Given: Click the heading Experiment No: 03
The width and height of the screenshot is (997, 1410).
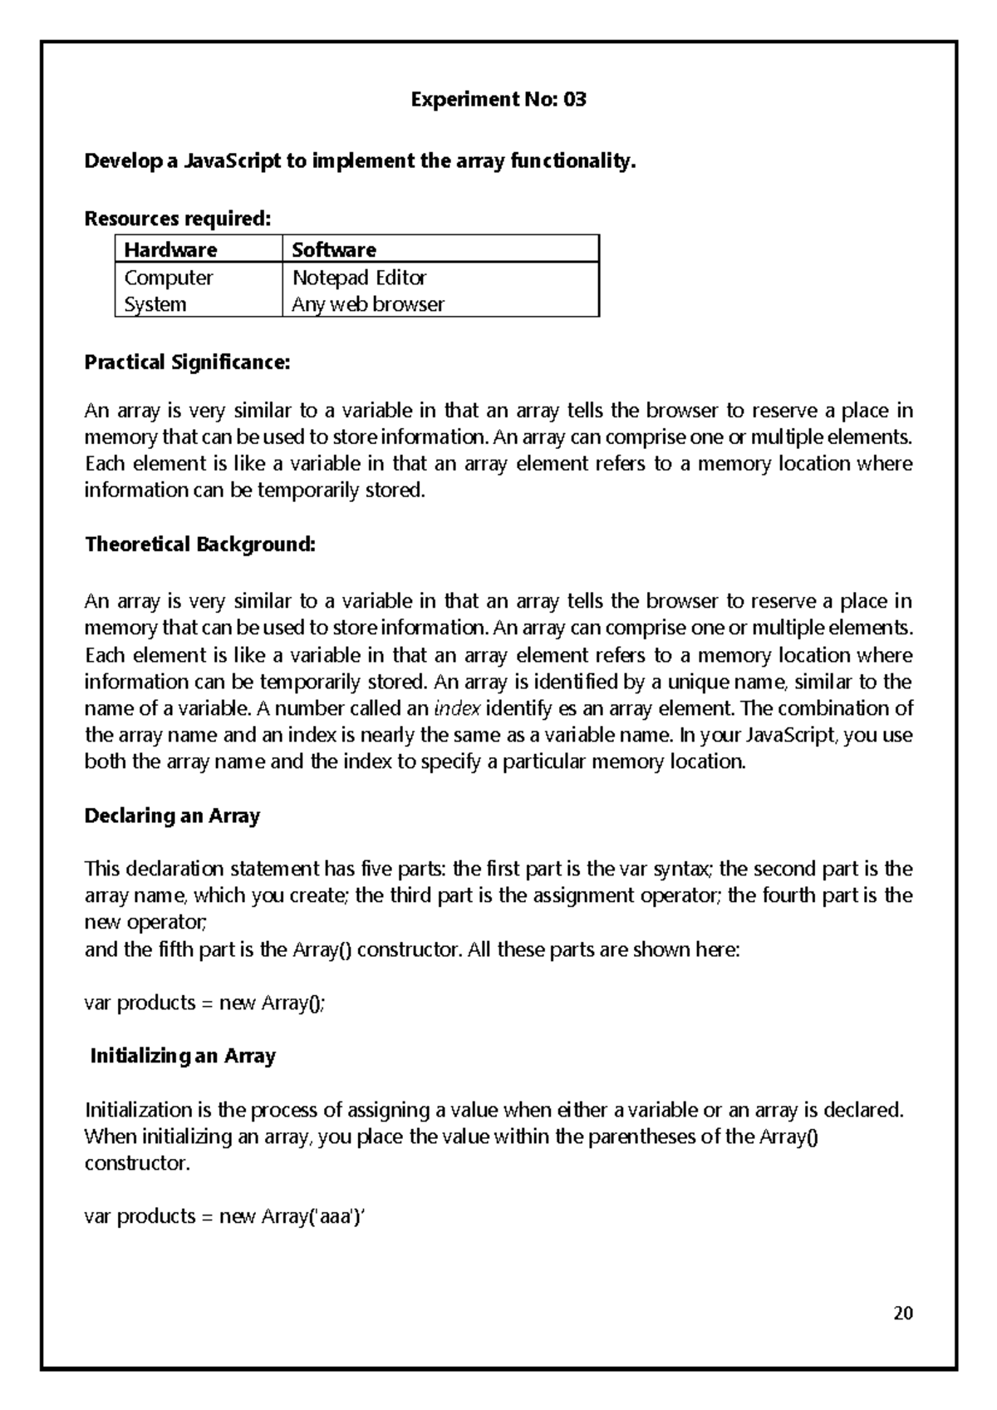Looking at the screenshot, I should coord(498,100).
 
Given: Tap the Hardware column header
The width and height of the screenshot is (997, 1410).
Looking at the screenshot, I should coord(170,249).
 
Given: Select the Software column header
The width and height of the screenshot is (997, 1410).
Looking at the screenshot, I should coord(334,249).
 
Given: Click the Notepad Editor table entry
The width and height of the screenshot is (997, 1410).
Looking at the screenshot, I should coord(359,278).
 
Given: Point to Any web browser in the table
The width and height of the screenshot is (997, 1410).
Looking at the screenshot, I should coord(367,304).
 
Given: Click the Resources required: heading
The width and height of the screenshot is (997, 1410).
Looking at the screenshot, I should coord(178,219).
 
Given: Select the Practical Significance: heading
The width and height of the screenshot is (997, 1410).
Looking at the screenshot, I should coord(188,362).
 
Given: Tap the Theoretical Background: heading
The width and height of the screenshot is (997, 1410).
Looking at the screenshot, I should coord(200,545).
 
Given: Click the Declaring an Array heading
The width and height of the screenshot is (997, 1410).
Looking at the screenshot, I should coord(173,816).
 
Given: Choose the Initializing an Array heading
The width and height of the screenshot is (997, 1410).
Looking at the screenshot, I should coord(183,1056).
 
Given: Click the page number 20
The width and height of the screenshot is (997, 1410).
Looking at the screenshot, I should coord(903,1314).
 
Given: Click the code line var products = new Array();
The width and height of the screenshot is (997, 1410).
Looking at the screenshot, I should coord(205,1003).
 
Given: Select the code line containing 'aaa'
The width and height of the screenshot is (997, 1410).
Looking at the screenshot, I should coord(225,1216).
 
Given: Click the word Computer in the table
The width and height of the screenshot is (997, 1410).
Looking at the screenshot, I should coord(169,278).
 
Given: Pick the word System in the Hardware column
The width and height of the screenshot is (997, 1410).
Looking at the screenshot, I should coord(155,304).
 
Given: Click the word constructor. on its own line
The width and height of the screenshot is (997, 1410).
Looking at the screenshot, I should coord(138,1163).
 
